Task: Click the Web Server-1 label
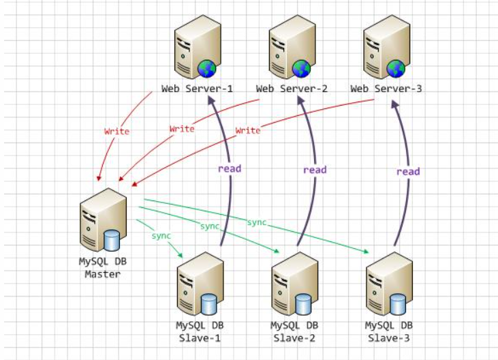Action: (x=197, y=89)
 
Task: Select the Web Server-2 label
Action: (x=292, y=89)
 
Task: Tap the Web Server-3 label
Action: (x=386, y=89)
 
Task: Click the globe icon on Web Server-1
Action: (x=207, y=67)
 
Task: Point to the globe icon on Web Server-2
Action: (x=302, y=67)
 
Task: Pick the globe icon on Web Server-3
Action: (x=396, y=67)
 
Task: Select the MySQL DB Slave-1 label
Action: (x=200, y=331)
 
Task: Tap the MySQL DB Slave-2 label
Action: (x=295, y=331)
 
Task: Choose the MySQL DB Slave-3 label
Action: (x=389, y=331)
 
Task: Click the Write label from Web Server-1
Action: (x=116, y=131)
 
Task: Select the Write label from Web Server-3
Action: (x=248, y=130)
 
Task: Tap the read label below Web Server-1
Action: (x=230, y=168)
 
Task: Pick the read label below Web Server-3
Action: (x=408, y=171)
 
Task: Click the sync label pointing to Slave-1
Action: (x=161, y=235)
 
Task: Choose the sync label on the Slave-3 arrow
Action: (x=256, y=223)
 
